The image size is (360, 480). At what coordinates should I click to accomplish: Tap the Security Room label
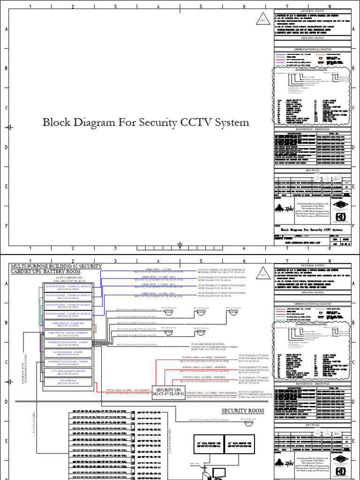[x=243, y=411]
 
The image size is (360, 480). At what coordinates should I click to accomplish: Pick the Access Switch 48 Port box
[x=68, y=352]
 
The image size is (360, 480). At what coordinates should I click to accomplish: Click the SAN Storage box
[x=68, y=382]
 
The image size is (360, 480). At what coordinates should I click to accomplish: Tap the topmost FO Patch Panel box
[x=68, y=288]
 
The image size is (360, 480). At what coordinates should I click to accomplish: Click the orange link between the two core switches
[x=95, y=330]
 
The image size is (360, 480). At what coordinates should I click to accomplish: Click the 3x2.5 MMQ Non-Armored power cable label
[x=206, y=393]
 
